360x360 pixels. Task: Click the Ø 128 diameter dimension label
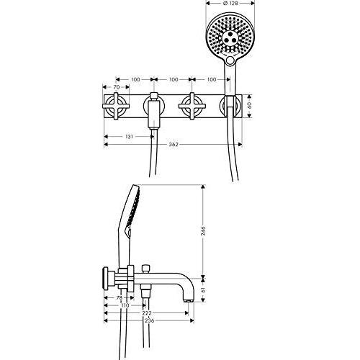[230, 4]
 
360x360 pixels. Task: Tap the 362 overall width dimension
[174, 145]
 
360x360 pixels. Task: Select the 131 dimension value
[129, 137]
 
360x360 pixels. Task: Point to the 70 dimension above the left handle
[116, 87]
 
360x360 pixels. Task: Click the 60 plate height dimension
[249, 105]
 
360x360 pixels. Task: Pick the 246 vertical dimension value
[203, 231]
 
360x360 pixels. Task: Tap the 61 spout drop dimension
[203, 290]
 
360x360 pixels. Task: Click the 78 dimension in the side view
[119, 298]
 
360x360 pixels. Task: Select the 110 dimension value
[125, 305]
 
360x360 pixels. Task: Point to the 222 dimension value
[147, 313]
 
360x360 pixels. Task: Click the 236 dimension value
[149, 321]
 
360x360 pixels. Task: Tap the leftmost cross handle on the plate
[116, 106]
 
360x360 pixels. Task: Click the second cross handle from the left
[192, 106]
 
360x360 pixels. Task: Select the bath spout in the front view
[153, 111]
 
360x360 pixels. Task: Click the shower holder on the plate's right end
[230, 106]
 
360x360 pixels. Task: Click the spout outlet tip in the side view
[188, 301]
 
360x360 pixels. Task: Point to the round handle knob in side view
[105, 279]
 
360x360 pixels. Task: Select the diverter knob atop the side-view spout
[145, 269]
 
